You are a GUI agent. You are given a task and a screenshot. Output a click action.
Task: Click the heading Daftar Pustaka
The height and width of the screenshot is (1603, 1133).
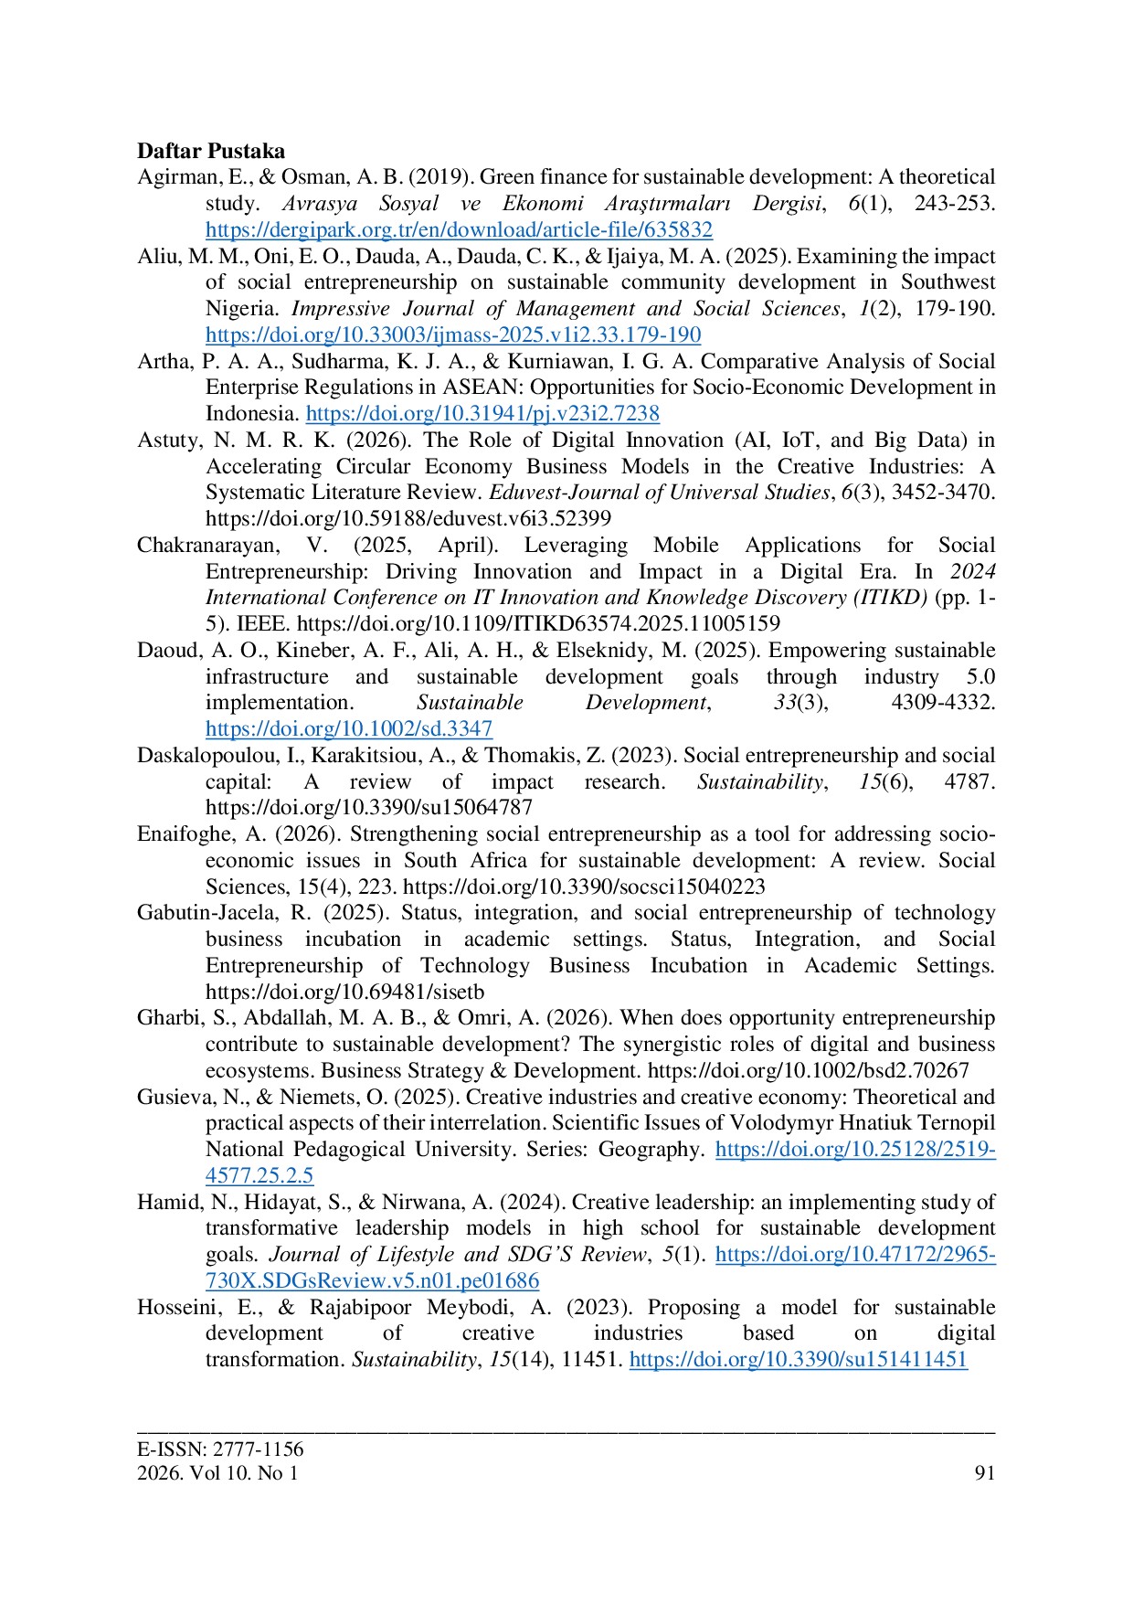pos(211,151)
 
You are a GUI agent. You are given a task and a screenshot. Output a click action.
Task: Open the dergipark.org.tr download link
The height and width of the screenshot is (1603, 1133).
pos(459,229)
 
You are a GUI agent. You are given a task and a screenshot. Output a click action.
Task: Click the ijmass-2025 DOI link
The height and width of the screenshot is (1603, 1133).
pos(453,334)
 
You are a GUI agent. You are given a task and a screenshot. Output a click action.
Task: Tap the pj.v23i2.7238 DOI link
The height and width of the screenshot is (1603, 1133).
pos(482,413)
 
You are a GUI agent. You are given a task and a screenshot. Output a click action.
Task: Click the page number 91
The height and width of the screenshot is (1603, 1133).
pos(985,1472)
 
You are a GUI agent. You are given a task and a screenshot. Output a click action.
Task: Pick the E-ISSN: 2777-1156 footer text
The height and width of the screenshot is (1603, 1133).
pos(220,1449)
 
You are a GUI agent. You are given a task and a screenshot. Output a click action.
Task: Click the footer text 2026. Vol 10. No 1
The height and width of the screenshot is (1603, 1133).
pos(217,1472)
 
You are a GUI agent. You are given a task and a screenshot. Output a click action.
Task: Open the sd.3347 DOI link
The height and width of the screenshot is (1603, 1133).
pos(349,728)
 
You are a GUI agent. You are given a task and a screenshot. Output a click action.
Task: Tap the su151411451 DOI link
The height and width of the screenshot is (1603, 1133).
pos(799,1359)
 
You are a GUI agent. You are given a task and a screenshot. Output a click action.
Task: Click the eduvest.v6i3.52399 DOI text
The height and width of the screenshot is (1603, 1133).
pos(408,518)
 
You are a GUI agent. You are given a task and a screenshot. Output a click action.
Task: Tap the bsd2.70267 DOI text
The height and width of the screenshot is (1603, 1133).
pos(809,1070)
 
